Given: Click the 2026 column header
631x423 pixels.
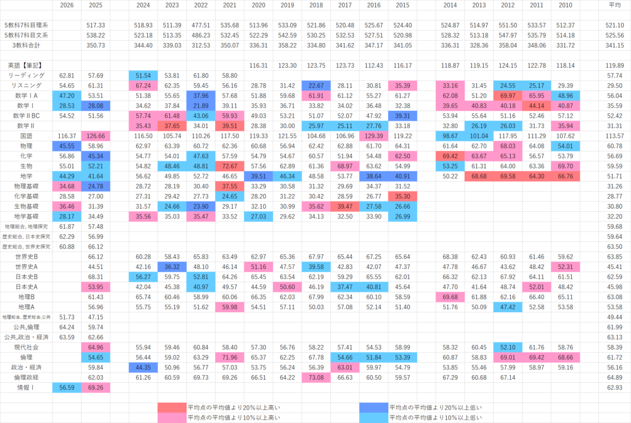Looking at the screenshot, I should pyautogui.click(x=67, y=6).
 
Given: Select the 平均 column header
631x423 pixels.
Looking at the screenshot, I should pyautogui.click(x=615, y=6).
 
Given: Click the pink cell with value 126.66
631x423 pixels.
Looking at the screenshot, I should pyautogui.click(x=96, y=135).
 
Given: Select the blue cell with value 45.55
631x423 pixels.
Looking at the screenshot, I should pyautogui.click(x=67, y=146).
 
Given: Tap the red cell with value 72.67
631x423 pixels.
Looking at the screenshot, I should pyautogui.click(x=229, y=166).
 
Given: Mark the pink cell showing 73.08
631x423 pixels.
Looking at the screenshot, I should pyautogui.click(x=316, y=377).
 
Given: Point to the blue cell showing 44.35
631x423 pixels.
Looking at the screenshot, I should pyautogui.click(x=142, y=368).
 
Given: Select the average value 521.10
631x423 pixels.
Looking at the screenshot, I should pyautogui.click(x=615, y=25).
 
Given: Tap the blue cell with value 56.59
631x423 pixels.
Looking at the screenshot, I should pyautogui.click(x=67, y=387).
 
